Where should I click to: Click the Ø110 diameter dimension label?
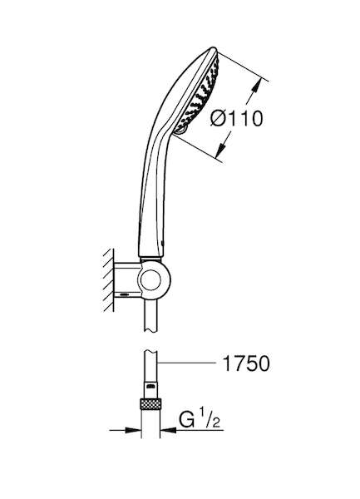[237, 118]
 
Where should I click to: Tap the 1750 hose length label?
[246, 363]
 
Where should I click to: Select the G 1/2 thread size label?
[200, 419]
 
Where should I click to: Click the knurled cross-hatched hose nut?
[150, 403]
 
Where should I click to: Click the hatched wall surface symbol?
[108, 280]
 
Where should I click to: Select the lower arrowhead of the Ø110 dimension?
[221, 150]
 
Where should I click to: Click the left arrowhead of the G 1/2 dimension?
[133, 430]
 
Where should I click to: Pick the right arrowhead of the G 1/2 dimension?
[169, 430]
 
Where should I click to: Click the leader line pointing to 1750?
[186, 363]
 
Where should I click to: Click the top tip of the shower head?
[214, 47]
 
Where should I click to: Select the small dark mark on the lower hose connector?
[150, 387]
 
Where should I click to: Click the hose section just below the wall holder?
[150, 316]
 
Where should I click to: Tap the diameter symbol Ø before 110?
[218, 118]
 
